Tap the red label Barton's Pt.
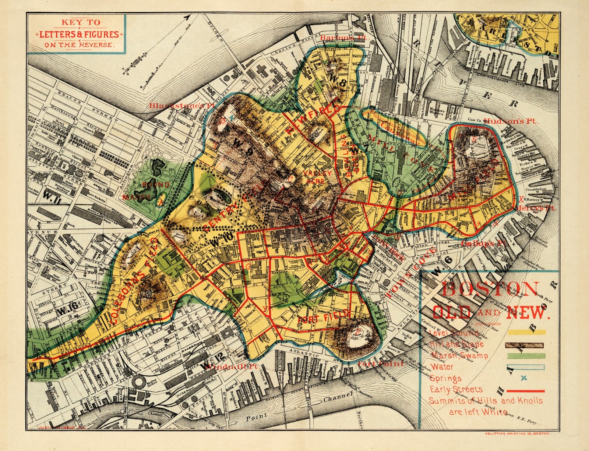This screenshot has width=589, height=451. coord(337,38)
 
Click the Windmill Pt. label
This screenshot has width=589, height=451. coord(232,367)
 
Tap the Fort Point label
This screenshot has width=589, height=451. coord(381,363)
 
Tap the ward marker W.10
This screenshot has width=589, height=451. coord(222,239)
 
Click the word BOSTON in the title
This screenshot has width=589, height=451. coord(490,289)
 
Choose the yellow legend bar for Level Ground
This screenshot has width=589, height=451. coord(526,332)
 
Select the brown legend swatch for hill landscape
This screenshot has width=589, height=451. coord(526,345)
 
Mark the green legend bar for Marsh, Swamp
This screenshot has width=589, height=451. coord(526,356)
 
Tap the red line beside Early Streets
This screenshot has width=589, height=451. coord(526,391)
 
